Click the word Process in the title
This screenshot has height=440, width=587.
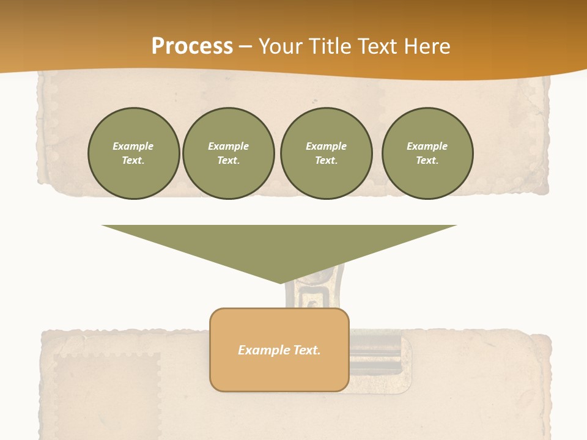coord(192,46)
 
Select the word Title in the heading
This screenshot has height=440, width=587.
coord(332,46)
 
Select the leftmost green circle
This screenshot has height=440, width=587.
coord(134,153)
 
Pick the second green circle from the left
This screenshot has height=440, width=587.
coord(229,153)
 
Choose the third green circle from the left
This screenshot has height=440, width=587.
coord(326,153)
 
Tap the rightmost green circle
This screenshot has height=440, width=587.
coord(427,153)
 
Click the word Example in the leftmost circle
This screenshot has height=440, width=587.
coord(133,146)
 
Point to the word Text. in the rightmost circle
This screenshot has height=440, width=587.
coord(427,161)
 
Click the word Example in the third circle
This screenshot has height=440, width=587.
coord(326,146)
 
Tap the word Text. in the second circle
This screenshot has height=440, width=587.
coord(229,161)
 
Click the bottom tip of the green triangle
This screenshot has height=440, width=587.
coord(280,282)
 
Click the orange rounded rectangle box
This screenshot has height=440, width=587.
coord(279,367)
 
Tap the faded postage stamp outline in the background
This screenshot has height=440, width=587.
coord(107,391)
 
